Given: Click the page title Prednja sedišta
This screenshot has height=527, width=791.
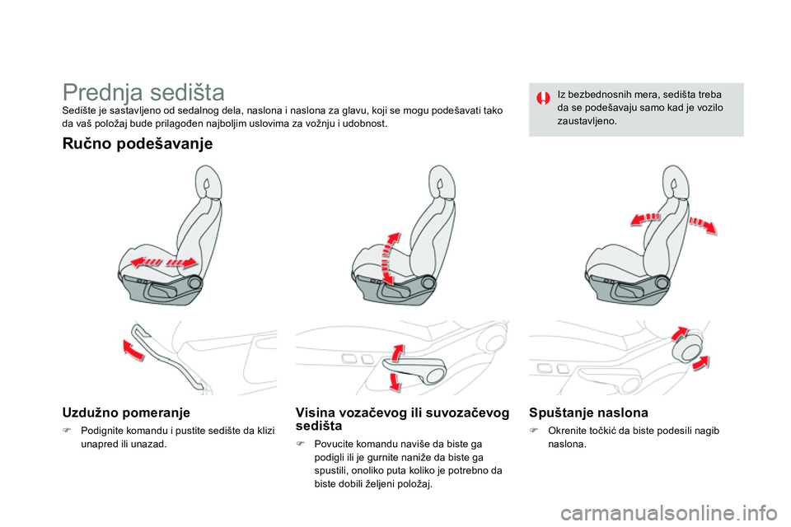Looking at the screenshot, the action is tap(143, 92).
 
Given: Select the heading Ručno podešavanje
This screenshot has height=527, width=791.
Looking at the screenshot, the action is tap(138, 144).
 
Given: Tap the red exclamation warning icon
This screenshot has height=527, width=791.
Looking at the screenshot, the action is tap(543, 98).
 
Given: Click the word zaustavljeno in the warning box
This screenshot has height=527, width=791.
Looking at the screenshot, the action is tap(587, 121).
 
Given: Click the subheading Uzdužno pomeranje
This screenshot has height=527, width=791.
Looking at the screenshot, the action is tap(126, 413).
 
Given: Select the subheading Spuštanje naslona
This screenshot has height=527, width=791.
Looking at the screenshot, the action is tap(588, 413).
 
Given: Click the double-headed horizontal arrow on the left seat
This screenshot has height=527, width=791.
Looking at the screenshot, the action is tap(163, 262).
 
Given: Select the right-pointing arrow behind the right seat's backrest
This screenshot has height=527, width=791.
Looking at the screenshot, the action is tap(703, 225).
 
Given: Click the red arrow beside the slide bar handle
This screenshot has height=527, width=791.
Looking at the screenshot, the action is tap(133, 349).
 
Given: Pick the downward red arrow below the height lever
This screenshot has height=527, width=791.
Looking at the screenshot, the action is tap(395, 381).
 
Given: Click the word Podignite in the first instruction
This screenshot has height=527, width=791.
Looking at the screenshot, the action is tap(101, 431).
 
